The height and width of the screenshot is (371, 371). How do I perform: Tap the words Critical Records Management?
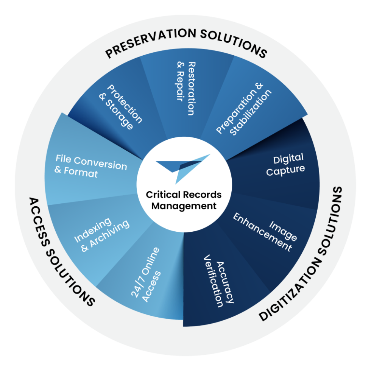pos(184,200)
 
